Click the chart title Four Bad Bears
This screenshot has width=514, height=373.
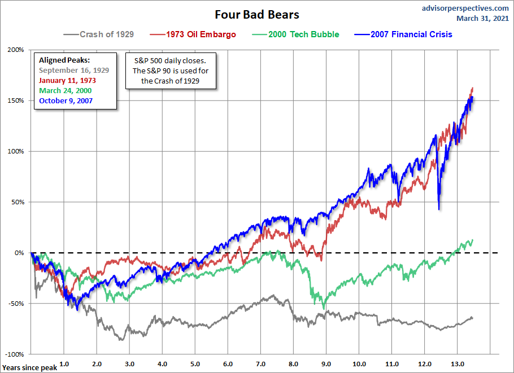point(257,14)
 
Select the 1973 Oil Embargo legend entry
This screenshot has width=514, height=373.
point(201,34)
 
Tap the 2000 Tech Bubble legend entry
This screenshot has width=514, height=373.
point(304,34)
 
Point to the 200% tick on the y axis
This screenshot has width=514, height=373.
point(16,50)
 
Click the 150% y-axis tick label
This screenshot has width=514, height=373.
point(16,100)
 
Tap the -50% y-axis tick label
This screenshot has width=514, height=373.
point(16,303)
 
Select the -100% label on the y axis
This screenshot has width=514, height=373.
point(15,354)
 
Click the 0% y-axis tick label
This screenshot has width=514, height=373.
point(19,252)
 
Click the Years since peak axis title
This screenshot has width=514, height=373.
point(29,368)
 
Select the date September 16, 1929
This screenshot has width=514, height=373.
point(74,71)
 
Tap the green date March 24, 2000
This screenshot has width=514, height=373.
point(65,90)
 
